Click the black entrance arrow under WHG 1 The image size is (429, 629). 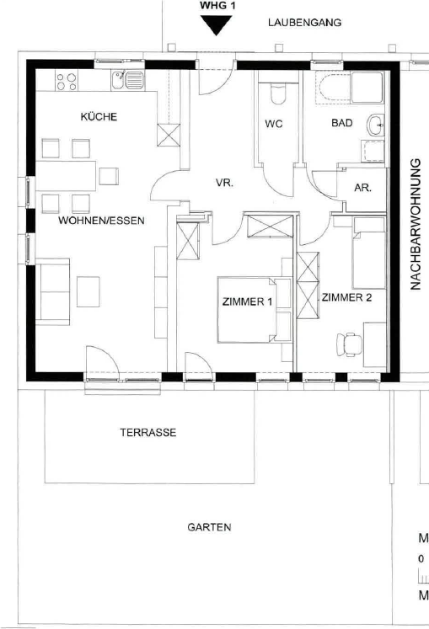coord(216,24)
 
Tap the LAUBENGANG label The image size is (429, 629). coord(304,23)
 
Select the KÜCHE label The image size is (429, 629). coord(99,117)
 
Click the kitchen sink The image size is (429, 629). coord(128,80)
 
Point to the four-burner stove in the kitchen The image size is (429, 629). coord(67,82)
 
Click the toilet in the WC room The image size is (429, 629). coord(278,93)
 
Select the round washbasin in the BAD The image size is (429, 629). coord(376,125)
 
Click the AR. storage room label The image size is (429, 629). coord(362,188)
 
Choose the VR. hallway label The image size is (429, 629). coord(224,183)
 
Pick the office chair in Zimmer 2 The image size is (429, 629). coord(349,344)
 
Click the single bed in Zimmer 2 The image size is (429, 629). coord(369,253)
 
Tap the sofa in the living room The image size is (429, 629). coord(52,291)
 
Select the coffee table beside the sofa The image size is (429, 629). coord(88,291)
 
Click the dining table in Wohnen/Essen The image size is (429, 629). coord(66,176)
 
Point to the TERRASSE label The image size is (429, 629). coord(148,433)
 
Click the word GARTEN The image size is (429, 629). coord(209,527)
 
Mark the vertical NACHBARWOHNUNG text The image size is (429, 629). coord(416,224)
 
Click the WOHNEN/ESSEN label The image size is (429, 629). coord(101,221)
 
